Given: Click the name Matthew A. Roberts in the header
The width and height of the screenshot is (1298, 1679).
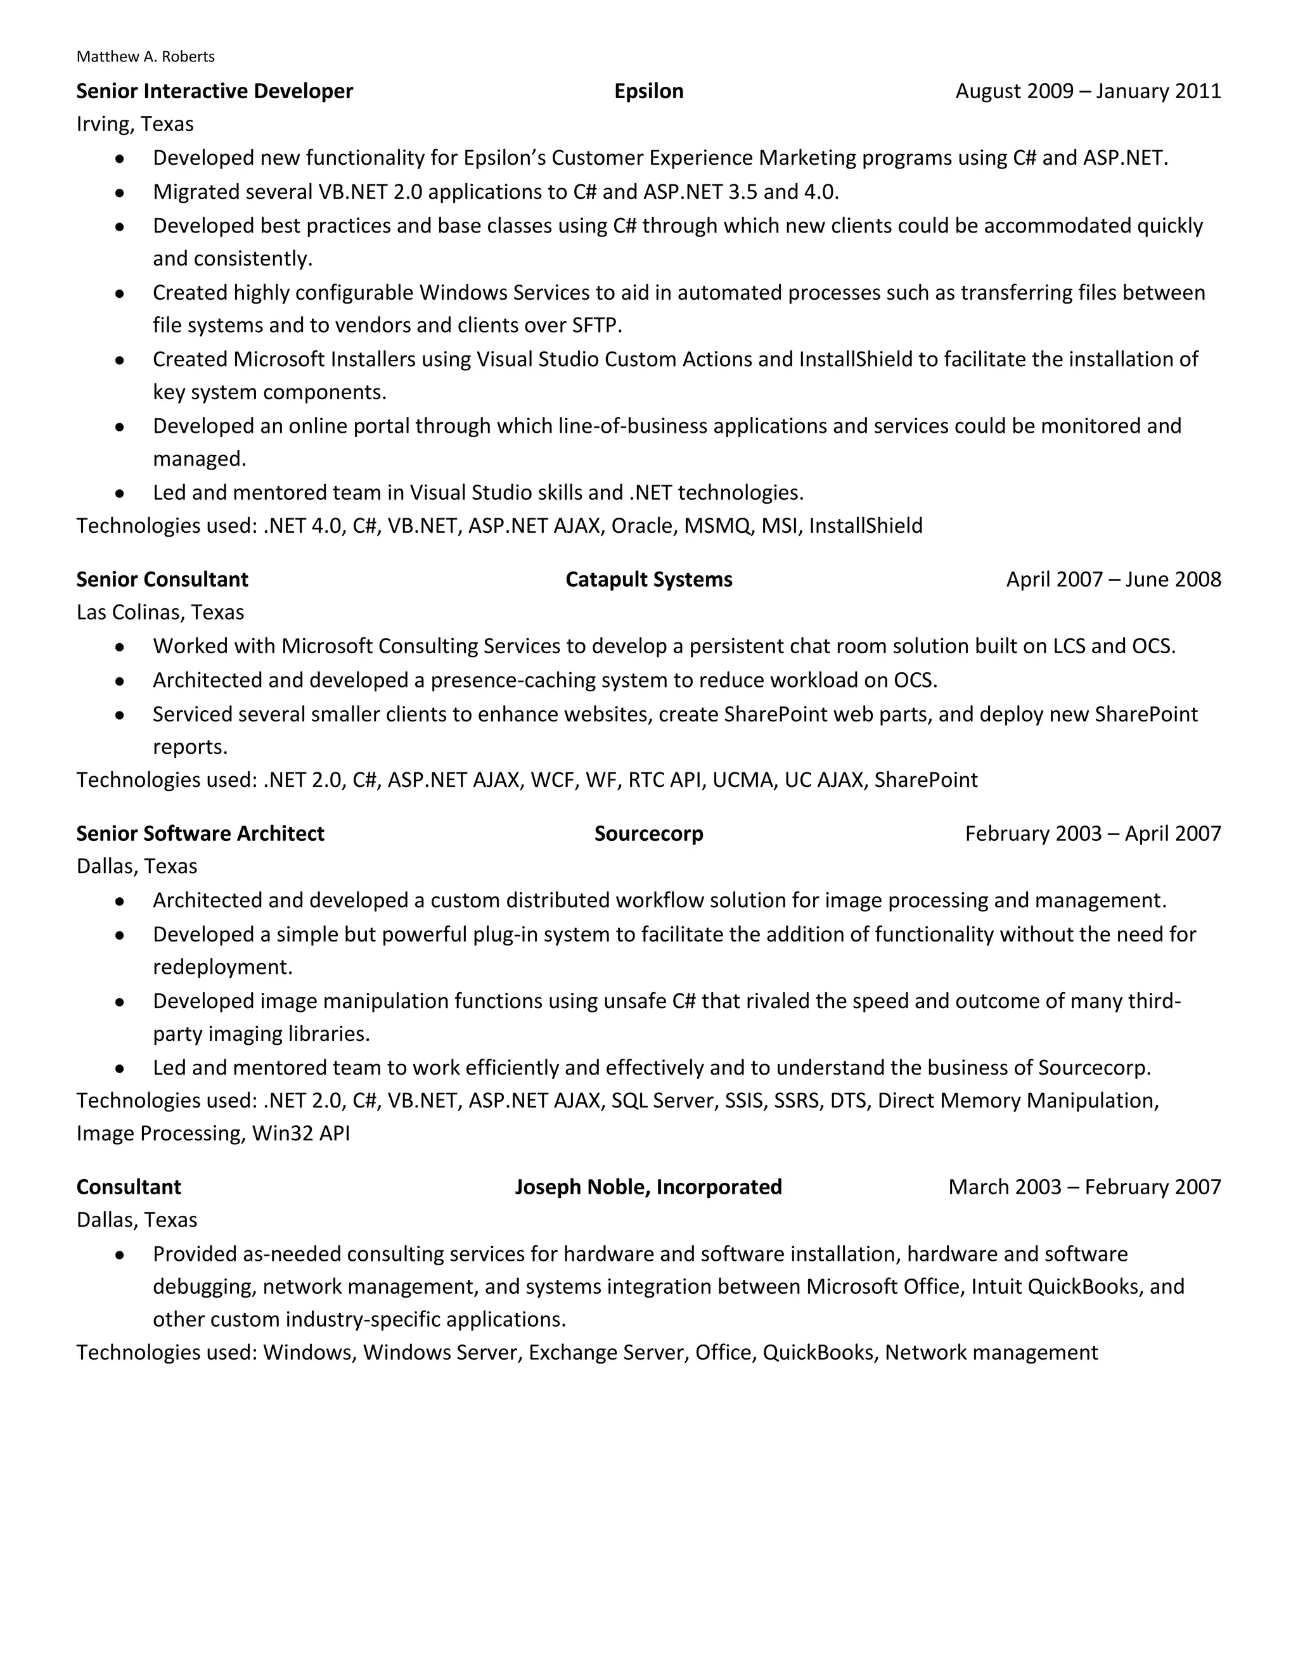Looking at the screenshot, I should tap(145, 57).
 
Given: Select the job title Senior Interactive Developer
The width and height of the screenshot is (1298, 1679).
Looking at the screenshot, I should tap(215, 91).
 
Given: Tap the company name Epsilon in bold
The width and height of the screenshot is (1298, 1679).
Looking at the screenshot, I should tap(648, 91).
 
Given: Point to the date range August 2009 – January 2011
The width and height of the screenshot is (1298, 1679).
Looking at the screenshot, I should tap(1088, 91).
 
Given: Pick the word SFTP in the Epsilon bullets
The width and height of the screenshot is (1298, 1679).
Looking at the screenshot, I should tap(595, 326).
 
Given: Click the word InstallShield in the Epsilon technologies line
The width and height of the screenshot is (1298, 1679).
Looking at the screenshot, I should tap(865, 526).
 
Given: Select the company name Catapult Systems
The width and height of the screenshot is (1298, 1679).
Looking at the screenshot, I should tap(648, 580).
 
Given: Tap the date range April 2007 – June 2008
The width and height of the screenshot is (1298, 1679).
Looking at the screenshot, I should tap(1113, 580).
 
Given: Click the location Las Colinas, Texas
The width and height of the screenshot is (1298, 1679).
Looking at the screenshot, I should tap(160, 613).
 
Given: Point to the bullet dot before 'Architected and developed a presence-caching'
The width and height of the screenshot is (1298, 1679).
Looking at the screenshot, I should tap(119, 681).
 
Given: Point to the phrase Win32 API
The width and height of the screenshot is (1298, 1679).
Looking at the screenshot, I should tap(300, 1134).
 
